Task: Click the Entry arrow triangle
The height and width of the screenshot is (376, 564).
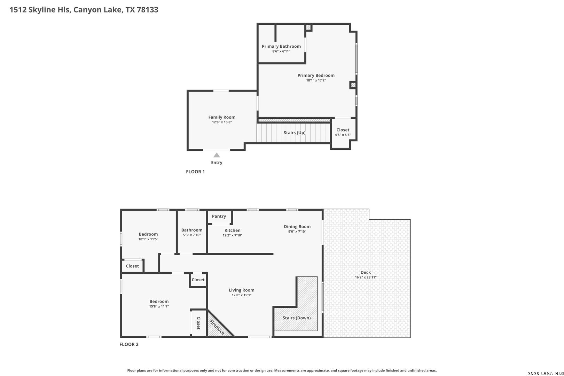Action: [x=217, y=155]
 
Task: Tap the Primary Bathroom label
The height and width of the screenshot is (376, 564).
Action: [x=281, y=46]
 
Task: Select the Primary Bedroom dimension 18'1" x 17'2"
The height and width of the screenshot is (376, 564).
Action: [x=316, y=80]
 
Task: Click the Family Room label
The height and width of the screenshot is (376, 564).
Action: [x=222, y=117]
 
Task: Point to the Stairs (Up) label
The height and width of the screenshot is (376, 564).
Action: [x=295, y=132]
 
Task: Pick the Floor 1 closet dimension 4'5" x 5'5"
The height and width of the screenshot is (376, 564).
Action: [x=343, y=135]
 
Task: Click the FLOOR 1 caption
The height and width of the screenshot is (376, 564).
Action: [x=195, y=172]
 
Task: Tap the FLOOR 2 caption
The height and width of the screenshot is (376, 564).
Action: [x=129, y=344]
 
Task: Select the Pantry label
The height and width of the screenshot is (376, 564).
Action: [x=219, y=216]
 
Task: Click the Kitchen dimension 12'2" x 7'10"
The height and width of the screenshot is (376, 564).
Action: [x=233, y=235]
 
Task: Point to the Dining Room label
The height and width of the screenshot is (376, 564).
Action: [x=297, y=227]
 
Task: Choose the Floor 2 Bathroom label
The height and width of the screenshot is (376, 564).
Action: [x=191, y=230]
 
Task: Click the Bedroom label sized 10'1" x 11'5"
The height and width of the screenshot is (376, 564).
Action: [x=148, y=234]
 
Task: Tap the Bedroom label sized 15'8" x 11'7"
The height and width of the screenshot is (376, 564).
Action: [x=159, y=301]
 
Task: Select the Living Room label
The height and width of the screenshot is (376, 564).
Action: [x=242, y=290]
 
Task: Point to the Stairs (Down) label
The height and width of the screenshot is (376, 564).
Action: [x=296, y=318]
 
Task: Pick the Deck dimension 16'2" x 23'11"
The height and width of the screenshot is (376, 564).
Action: [x=366, y=277]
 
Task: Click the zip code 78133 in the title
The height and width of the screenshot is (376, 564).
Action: [x=148, y=10]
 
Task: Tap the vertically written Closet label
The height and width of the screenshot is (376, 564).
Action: [x=198, y=323]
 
